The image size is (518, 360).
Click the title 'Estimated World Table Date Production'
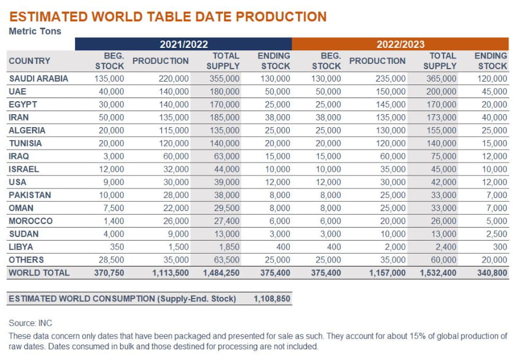(x=168, y=17)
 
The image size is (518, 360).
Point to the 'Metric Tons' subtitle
(x=35, y=31)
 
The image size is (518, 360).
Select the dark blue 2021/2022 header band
(x=183, y=44)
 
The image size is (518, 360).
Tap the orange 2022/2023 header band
(x=400, y=44)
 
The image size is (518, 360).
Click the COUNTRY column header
(x=30, y=61)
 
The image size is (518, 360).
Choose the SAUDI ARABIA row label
(x=38, y=79)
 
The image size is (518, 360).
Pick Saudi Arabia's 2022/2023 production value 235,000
(x=390, y=79)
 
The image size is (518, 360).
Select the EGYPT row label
(x=24, y=105)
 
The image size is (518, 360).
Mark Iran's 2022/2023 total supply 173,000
(x=440, y=118)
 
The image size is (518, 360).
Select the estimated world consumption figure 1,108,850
(x=272, y=299)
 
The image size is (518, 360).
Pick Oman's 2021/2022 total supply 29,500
(x=225, y=208)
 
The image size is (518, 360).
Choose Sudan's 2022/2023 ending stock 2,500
(x=496, y=234)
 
